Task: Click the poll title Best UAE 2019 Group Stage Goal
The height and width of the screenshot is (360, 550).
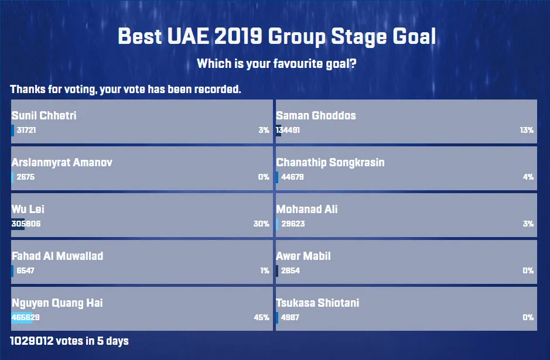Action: pyautogui.click(x=276, y=37)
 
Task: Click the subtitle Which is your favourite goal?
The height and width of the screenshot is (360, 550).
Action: pyautogui.click(x=276, y=64)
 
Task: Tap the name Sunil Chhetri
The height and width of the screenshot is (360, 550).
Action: pyautogui.click(x=44, y=115)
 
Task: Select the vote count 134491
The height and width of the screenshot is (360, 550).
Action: pyautogui.click(x=288, y=130)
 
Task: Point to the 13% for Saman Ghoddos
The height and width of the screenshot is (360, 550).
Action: pyautogui.click(x=527, y=130)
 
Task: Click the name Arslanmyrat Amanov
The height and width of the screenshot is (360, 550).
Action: pyautogui.click(x=62, y=162)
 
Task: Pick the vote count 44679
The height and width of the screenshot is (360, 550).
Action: pyautogui.click(x=292, y=177)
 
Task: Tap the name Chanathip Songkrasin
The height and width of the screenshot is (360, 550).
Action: pyautogui.click(x=330, y=162)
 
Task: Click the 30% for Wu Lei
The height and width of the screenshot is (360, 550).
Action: pyautogui.click(x=261, y=224)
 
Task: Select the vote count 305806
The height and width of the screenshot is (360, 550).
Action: pyautogui.click(x=26, y=224)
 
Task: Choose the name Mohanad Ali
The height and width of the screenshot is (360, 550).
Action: pyautogui.click(x=306, y=210)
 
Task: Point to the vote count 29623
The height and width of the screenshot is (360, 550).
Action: pyautogui.click(x=293, y=224)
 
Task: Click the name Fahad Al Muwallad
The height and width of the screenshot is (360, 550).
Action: pyautogui.click(x=57, y=256)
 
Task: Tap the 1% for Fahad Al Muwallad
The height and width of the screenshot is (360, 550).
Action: pyautogui.click(x=265, y=270)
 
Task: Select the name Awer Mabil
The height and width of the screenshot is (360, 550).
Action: pyautogui.click(x=303, y=256)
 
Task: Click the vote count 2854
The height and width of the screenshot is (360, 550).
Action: pyautogui.click(x=291, y=270)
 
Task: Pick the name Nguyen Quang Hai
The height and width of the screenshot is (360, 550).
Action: pyautogui.click(x=57, y=303)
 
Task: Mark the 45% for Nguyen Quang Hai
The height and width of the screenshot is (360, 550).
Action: pyautogui.click(x=261, y=318)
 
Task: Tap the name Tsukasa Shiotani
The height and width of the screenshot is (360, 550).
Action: pyautogui.click(x=317, y=303)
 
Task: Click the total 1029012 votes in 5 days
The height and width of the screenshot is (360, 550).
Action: pyautogui.click(x=69, y=341)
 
